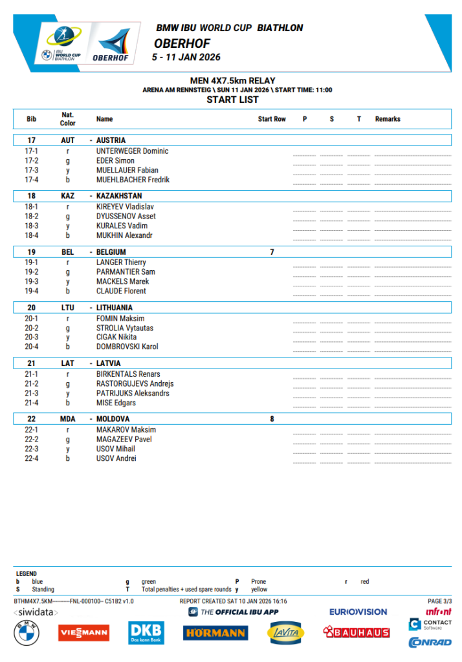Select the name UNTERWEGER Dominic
coord(132,151)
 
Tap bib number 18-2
coord(31,217)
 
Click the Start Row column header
coord(272,119)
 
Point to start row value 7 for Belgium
coord(272,252)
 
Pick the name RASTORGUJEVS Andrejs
coord(135,383)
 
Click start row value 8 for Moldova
coord(272,419)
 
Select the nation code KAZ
coord(68,196)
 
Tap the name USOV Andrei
coord(116,458)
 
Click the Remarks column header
coord(388,119)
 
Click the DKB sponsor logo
coord(146,632)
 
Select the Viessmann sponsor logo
coord(83,633)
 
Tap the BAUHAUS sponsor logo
coord(357,632)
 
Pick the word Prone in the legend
coord(258,582)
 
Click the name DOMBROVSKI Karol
coord(127,347)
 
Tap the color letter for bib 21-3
coord(68,393)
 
